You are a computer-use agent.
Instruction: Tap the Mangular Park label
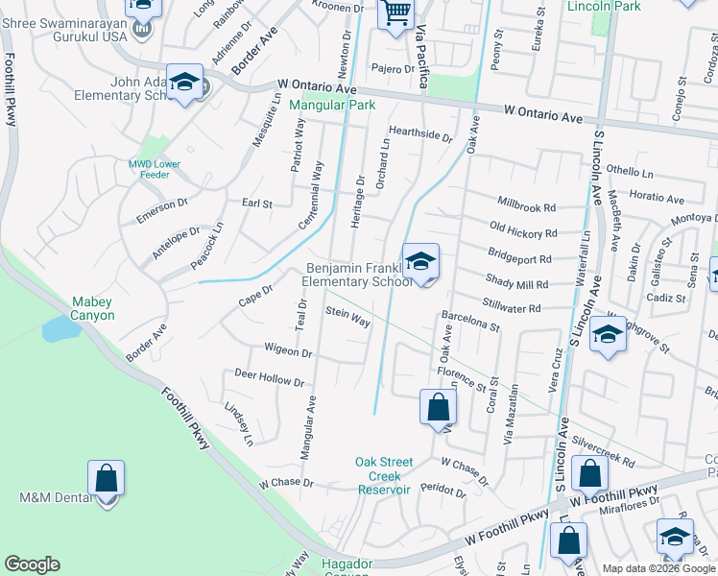point(332,107)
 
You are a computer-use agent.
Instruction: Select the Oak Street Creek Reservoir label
point(384,475)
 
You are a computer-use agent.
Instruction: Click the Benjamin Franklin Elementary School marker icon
point(420,262)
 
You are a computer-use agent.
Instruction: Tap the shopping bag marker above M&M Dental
point(106,477)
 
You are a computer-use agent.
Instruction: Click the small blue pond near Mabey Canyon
point(60,329)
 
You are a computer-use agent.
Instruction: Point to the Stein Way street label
point(347,317)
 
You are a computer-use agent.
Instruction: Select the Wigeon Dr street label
point(289,352)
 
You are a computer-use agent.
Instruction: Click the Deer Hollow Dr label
point(269,379)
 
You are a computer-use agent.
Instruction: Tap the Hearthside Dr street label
point(419,135)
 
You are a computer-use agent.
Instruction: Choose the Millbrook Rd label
point(527,205)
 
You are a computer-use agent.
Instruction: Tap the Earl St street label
point(257,204)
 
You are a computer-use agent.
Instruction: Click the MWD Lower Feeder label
point(155,170)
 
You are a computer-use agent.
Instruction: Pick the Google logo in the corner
point(32,564)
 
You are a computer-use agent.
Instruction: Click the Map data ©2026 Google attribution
point(659,568)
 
